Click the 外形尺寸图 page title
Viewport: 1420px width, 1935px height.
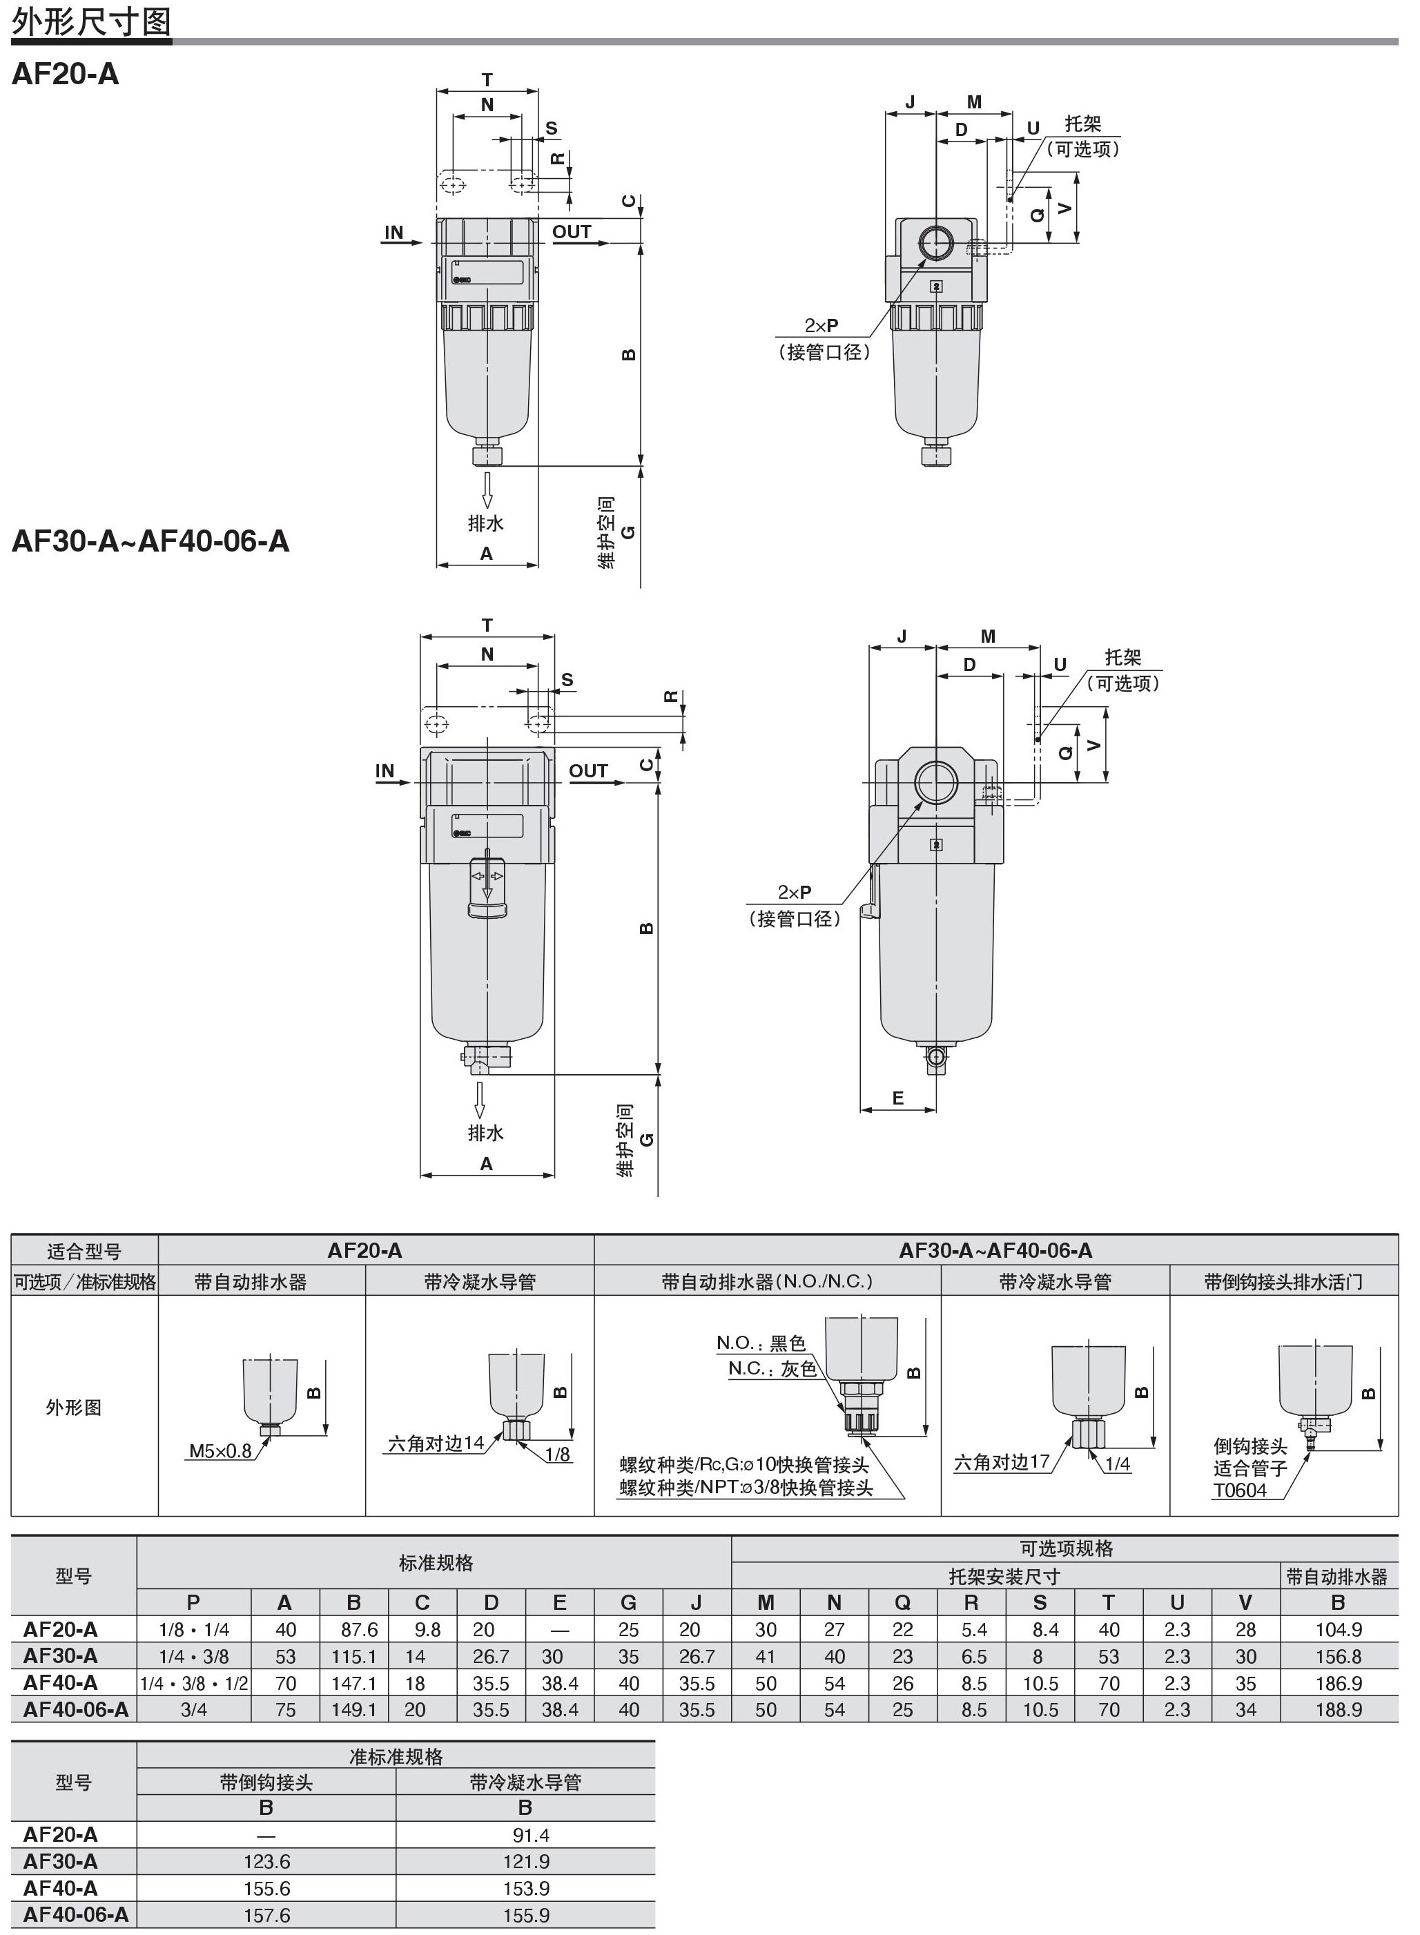point(91,21)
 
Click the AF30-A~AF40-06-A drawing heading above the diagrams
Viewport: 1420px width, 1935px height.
point(150,541)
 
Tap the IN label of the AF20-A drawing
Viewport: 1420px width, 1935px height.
point(393,232)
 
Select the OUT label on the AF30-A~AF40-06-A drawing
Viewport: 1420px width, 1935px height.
point(588,771)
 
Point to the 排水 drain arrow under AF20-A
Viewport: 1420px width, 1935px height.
point(487,490)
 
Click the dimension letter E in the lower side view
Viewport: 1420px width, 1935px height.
point(898,1098)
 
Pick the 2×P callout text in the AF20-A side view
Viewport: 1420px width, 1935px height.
point(821,325)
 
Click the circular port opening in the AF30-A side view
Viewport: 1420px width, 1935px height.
point(936,782)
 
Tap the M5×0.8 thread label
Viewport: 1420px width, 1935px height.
point(220,1451)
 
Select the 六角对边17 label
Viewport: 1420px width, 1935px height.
point(1002,1461)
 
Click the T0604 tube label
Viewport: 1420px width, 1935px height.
point(1240,1490)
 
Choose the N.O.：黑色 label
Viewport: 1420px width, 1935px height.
point(761,1343)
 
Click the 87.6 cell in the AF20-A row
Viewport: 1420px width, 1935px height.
point(353,1629)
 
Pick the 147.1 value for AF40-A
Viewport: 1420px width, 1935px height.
point(353,1682)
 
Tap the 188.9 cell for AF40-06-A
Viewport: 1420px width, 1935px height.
point(1339,1709)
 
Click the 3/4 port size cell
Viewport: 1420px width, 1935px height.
point(193,1709)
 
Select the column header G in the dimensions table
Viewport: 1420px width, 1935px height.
point(628,1602)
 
